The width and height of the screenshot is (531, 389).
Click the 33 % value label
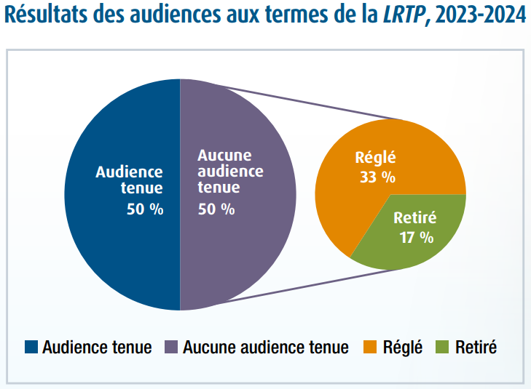[x=377, y=177]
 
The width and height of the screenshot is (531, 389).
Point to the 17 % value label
[x=417, y=237]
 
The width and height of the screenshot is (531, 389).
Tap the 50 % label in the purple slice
[x=216, y=209]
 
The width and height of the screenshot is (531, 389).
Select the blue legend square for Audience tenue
[x=31, y=347]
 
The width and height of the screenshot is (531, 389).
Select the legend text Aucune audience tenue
[x=266, y=348]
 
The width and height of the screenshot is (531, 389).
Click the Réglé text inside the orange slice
[x=377, y=157]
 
